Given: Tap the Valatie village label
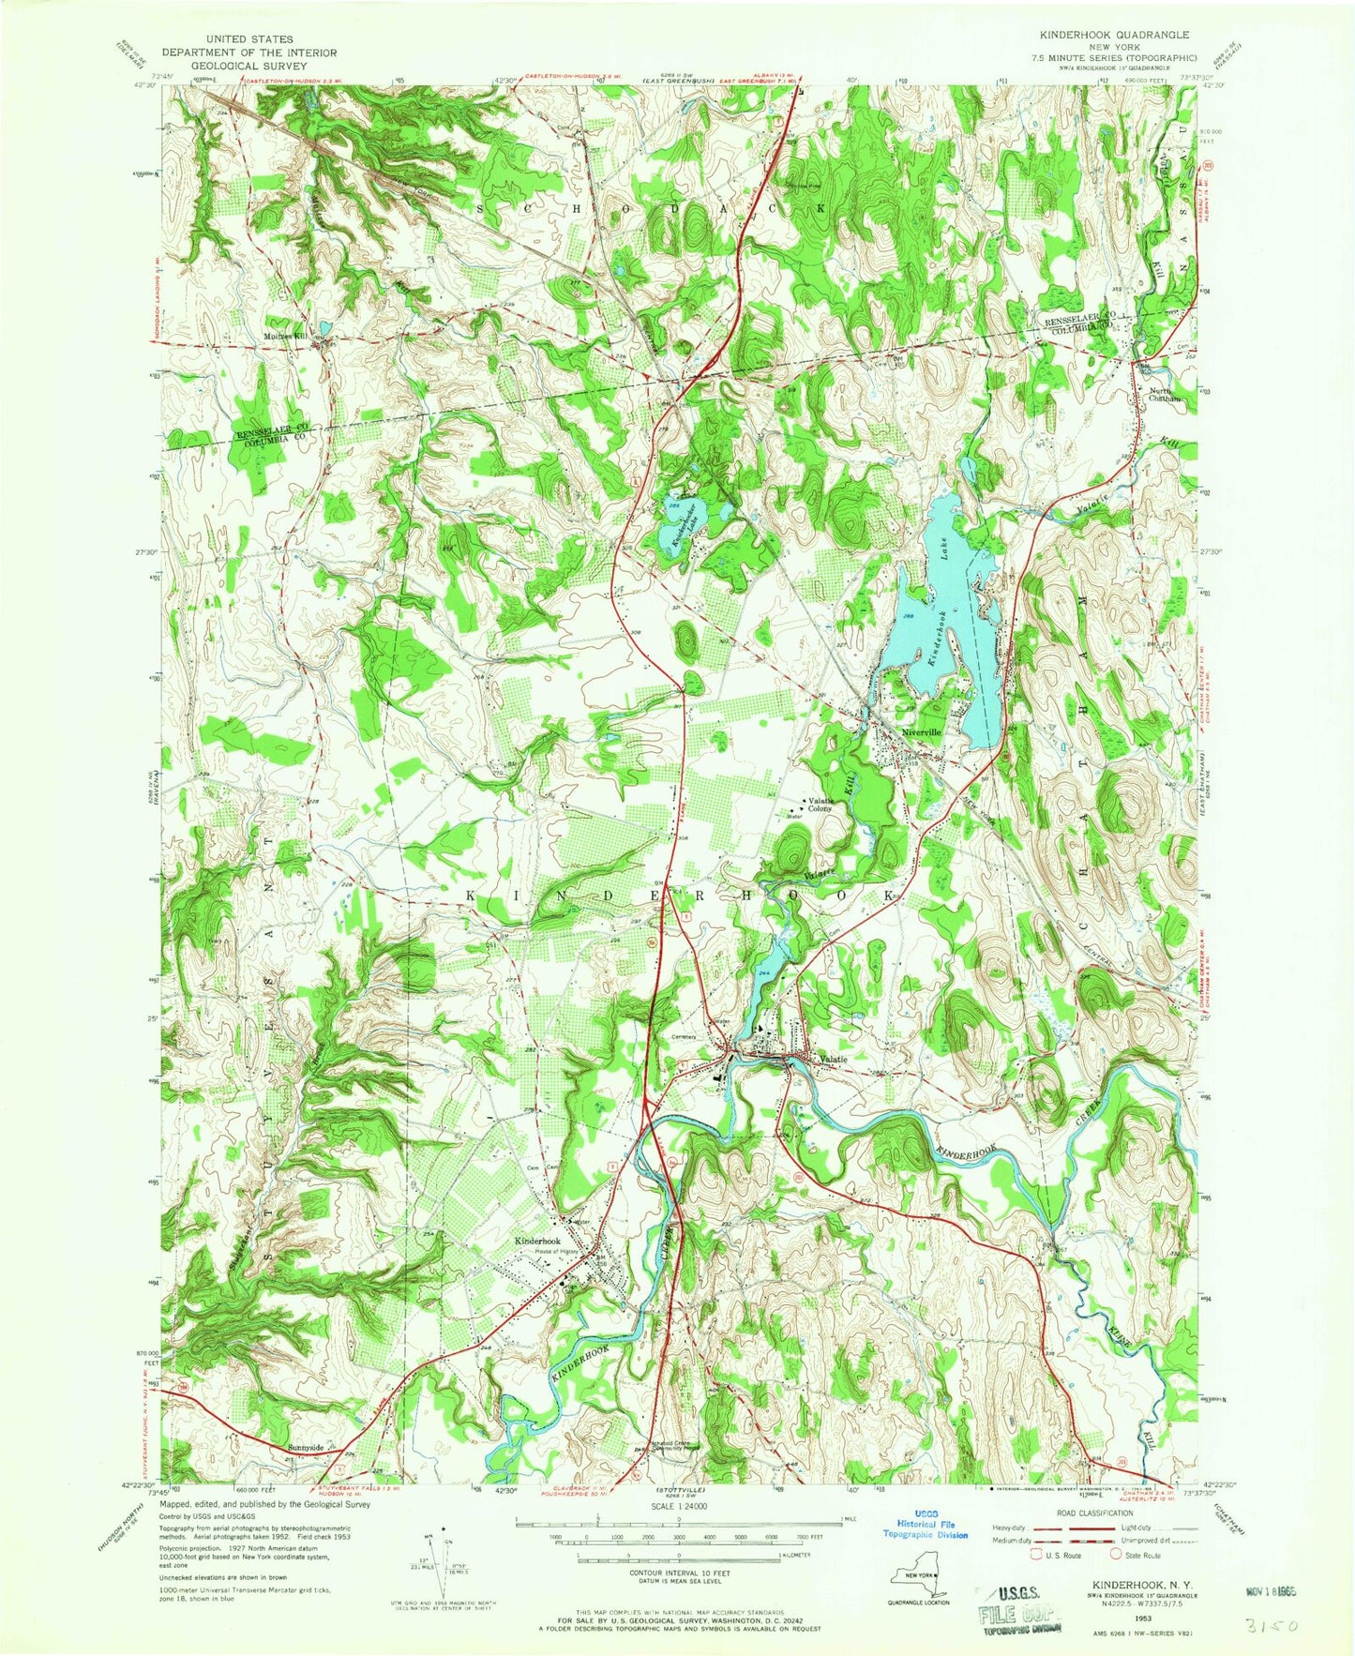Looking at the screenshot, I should click(x=833, y=1060).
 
